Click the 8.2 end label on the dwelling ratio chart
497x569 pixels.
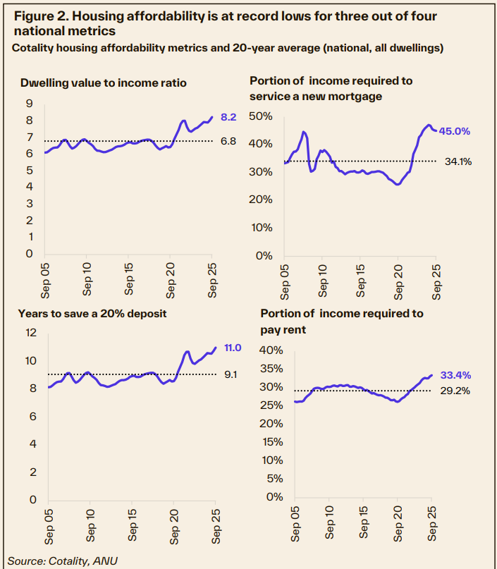tap(228, 118)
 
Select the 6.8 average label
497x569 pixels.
tap(228, 141)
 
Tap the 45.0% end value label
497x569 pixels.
tap(455, 131)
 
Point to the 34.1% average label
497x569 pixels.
tap(458, 161)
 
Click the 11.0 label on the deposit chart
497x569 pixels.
tap(233, 348)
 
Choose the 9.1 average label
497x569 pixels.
tap(230, 375)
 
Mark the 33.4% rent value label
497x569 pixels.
tap(457, 375)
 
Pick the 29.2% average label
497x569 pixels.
tap(457, 391)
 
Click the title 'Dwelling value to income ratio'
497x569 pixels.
tap(104, 82)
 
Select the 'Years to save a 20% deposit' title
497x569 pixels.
tap(94, 314)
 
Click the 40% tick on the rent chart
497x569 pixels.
tap(273, 350)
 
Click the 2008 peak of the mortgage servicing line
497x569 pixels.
tap(304, 133)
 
